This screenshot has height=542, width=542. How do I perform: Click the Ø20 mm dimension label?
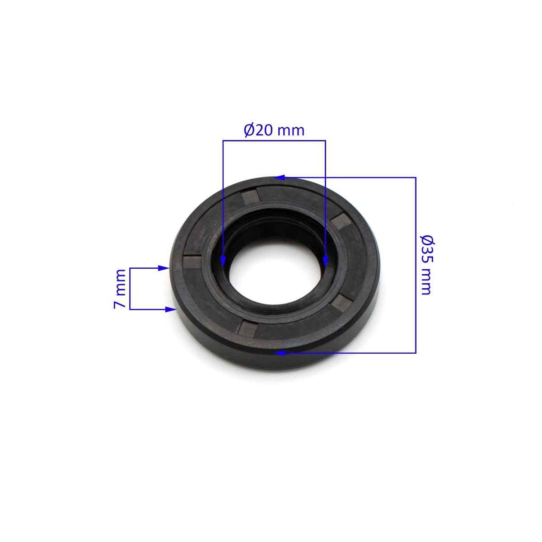click(x=274, y=130)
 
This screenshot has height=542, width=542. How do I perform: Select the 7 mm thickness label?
click(x=120, y=289)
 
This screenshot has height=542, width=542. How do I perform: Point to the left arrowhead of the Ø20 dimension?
click(x=223, y=261)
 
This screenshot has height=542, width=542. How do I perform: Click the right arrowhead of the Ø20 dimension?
click(x=325, y=261)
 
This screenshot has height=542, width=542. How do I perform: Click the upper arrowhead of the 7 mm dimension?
click(x=164, y=268)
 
